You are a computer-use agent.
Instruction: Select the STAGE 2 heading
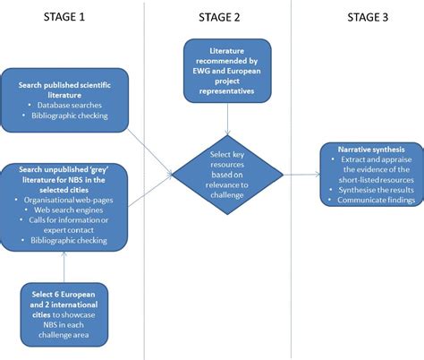click(221, 18)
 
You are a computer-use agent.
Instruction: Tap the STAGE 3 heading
click(366, 17)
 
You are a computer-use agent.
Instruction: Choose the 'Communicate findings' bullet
click(376, 200)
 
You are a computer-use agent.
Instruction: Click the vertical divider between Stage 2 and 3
click(292, 179)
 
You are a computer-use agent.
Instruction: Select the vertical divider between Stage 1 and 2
click(145, 179)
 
